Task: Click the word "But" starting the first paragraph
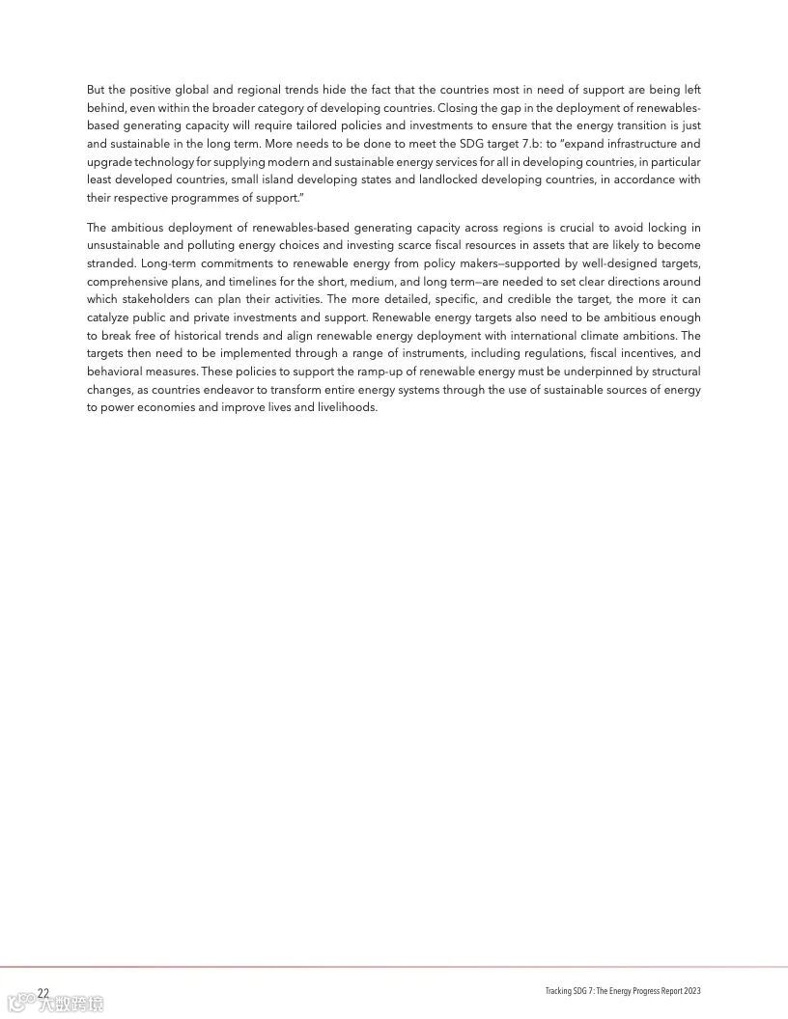click(97, 90)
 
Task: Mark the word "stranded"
click(110, 263)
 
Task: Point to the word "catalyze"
click(109, 317)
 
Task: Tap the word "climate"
click(581, 335)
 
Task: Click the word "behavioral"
click(114, 372)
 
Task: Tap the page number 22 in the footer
click(43, 993)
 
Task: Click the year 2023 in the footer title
click(691, 993)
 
